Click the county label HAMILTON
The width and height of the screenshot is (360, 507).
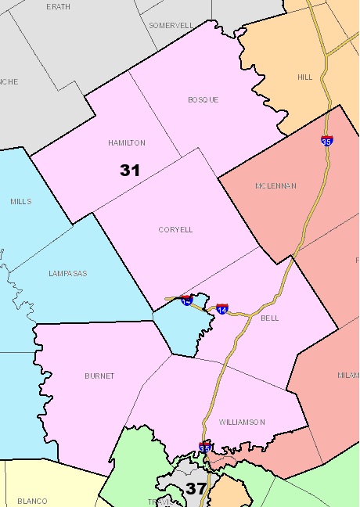(127, 143)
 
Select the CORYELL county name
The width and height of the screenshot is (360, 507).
(175, 230)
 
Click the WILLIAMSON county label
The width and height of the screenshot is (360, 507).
(243, 422)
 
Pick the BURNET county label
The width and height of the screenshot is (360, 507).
(99, 376)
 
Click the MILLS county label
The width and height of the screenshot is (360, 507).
(21, 202)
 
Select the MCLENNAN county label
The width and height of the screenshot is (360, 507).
(275, 186)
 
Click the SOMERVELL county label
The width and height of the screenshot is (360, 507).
(171, 25)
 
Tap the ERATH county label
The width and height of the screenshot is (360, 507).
(59, 6)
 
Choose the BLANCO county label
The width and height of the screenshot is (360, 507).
(32, 502)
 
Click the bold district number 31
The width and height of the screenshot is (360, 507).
(130, 170)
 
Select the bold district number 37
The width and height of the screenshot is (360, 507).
(196, 490)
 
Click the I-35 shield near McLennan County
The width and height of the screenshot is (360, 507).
(326, 141)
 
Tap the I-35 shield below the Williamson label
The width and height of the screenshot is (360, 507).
(205, 447)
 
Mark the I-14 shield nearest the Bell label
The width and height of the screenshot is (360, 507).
(222, 309)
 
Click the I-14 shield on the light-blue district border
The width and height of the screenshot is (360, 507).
(186, 300)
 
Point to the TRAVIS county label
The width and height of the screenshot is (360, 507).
(157, 502)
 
